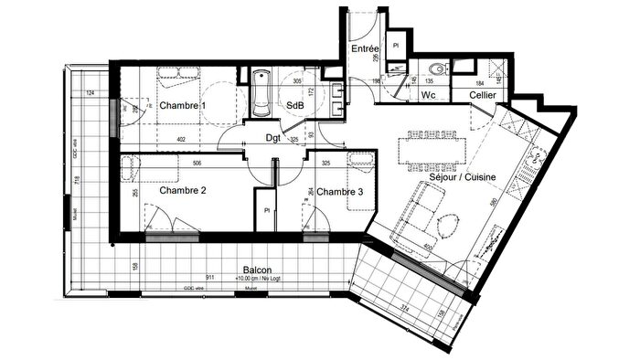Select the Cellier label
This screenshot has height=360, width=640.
(x=484, y=96)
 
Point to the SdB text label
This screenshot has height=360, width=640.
(x=295, y=106)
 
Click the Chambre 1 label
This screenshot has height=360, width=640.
(x=183, y=107)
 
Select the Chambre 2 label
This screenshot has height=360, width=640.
(x=183, y=192)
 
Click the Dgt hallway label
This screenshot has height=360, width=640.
(x=272, y=138)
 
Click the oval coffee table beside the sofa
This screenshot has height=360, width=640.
(x=448, y=226)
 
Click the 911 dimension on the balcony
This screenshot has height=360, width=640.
(x=209, y=276)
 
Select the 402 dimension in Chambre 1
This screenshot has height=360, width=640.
(x=185, y=139)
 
